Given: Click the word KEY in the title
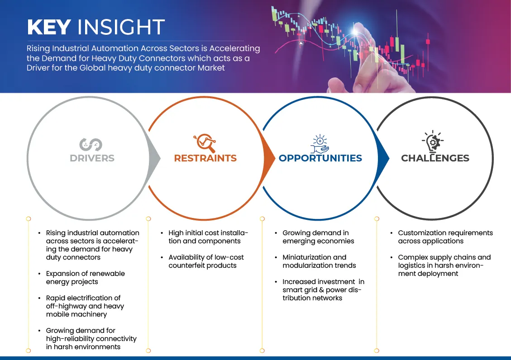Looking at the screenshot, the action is pyautogui.click(x=49, y=27).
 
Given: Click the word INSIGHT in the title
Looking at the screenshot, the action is pyautogui.click(x=121, y=27).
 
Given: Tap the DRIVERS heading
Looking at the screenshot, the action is pyautogui.click(x=92, y=158).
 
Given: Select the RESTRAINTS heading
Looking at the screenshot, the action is pyautogui.click(x=205, y=158).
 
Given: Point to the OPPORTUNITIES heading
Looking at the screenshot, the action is pyautogui.click(x=320, y=158).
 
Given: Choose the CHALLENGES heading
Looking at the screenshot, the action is pyautogui.click(x=435, y=158).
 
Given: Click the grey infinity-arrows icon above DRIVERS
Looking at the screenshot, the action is pyautogui.click(x=91, y=145).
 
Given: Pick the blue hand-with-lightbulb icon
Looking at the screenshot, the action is pyautogui.click(x=320, y=143).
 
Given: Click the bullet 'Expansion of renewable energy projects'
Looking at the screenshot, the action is pyautogui.click(x=86, y=278).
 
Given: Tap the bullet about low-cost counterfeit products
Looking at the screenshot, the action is pyautogui.click(x=206, y=261).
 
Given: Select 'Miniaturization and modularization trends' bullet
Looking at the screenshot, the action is pyautogui.click(x=319, y=261).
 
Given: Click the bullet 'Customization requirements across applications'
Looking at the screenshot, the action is pyautogui.click(x=445, y=237).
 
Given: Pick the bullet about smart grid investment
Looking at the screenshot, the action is pyautogui.click(x=323, y=290).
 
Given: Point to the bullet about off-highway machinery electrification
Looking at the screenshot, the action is pyautogui.click(x=85, y=306).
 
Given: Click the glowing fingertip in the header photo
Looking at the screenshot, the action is pyautogui.click(x=355, y=31).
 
